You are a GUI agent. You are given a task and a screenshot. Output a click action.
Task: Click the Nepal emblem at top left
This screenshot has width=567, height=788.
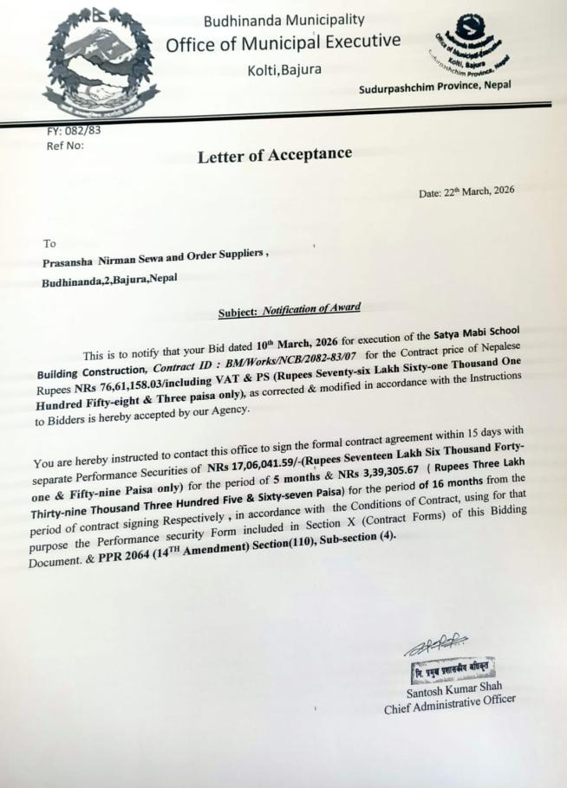[100, 65]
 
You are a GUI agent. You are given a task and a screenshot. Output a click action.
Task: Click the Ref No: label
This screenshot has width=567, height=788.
[65, 145]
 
